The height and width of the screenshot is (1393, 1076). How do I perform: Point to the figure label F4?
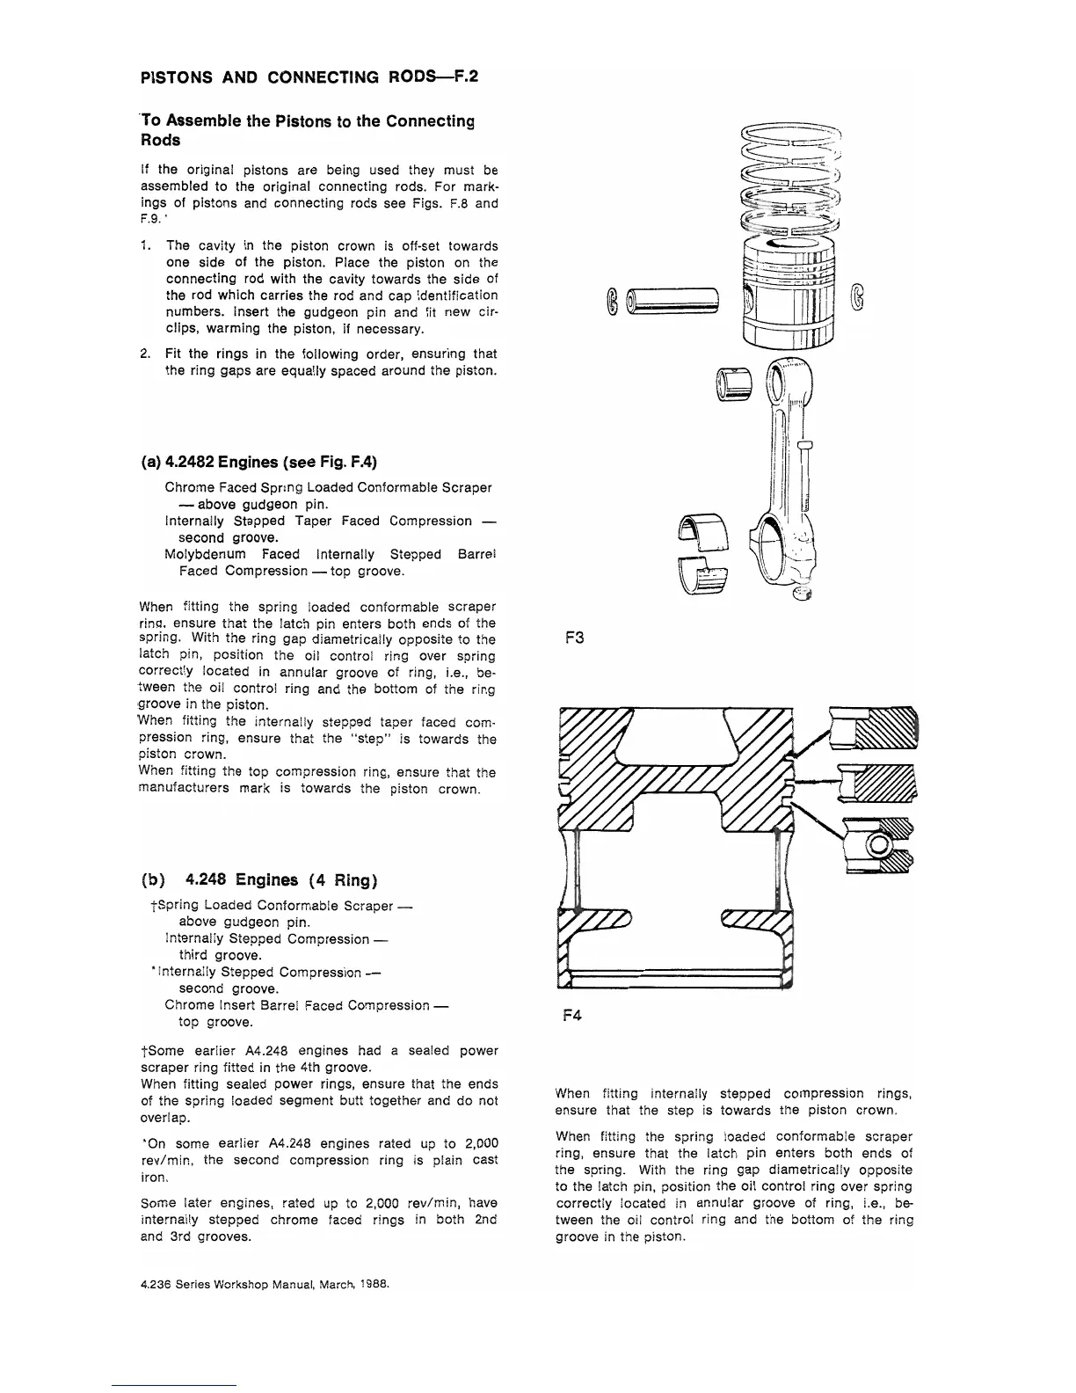573,1016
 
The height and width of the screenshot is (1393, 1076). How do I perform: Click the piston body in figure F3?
787,295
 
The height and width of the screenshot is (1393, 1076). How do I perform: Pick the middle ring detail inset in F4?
876,783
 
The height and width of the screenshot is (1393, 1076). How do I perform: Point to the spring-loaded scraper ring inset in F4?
877,844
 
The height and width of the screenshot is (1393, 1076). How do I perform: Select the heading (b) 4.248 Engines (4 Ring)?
259,880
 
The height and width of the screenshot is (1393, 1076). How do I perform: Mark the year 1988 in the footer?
373,1283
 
